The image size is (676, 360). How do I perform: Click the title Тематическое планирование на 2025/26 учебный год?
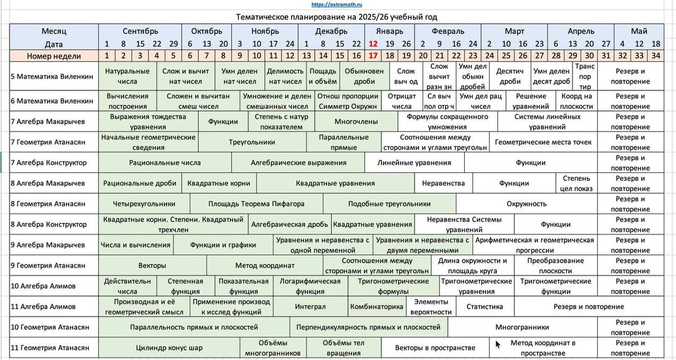click(337, 17)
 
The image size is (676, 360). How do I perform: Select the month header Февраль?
click(448, 31)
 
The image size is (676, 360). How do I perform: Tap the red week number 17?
click(373, 56)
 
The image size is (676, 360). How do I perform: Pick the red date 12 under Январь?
click(373, 43)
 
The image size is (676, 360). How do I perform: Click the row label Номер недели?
click(54, 56)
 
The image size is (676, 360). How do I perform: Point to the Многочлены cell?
click(352, 121)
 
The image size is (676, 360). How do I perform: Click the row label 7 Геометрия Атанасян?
click(48, 142)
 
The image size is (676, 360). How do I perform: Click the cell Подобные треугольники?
click(389, 204)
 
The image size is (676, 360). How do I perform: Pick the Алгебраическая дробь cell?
click(290, 224)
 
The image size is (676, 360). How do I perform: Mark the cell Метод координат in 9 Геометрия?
click(265, 265)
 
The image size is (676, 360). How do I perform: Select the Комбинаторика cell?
click(376, 306)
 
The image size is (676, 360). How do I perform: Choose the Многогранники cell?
click(522, 327)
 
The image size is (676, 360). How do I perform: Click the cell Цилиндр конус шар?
click(169, 348)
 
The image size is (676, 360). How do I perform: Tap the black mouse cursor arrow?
click(497, 344)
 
